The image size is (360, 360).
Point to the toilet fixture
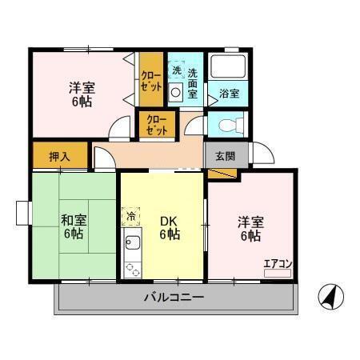click(227, 125)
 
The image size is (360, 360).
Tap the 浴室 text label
click(229, 94)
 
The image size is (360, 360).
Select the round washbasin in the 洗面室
click(176, 92)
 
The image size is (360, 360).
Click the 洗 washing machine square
click(175, 69)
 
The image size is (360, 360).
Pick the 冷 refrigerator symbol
click(130, 215)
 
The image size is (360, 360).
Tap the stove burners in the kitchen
click(132, 270)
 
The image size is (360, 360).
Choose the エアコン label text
click(276, 263)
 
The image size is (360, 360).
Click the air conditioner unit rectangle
click(277, 274)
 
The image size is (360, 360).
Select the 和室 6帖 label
click(74, 226)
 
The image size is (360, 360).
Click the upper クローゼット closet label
click(151, 78)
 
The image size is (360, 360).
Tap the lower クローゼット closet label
click(157, 125)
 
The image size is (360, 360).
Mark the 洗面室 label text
click(193, 82)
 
